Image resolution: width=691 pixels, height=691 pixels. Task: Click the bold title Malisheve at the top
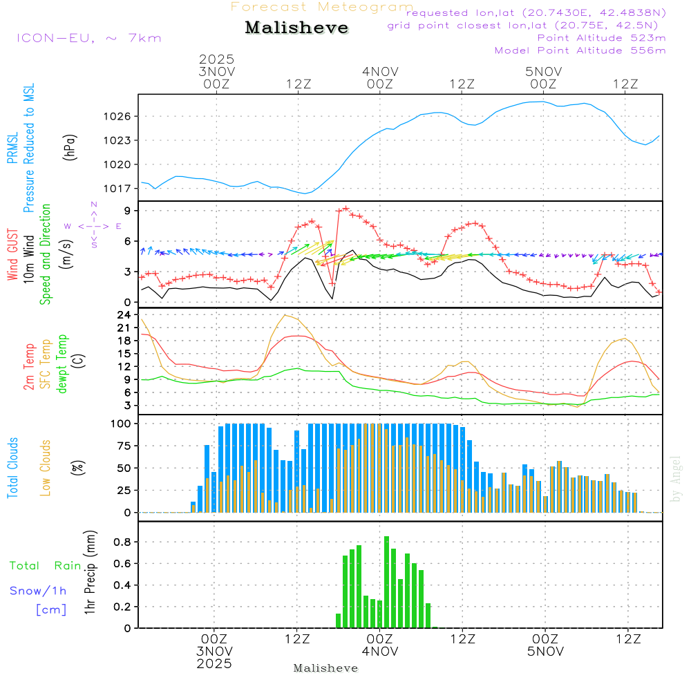pyautogui.click(x=297, y=28)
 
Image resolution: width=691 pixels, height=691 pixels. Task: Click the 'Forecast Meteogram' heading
pyautogui.click(x=322, y=8)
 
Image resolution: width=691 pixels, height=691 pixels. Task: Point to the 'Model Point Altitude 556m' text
pyautogui.click(x=580, y=50)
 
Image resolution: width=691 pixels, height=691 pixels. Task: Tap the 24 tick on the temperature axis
pyautogui.click(x=125, y=315)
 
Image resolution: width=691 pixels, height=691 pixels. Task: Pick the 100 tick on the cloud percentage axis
pyautogui.click(x=122, y=423)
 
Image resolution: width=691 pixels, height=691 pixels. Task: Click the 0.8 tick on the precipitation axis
pyautogui.click(x=123, y=542)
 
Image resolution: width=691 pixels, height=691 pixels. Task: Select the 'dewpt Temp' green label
pyautogui.click(x=62, y=363)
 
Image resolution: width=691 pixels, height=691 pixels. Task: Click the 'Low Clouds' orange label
pyautogui.click(x=46, y=468)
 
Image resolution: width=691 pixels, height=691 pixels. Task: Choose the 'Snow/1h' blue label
pyautogui.click(x=39, y=591)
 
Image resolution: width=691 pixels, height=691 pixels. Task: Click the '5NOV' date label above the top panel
pyautogui.click(x=543, y=71)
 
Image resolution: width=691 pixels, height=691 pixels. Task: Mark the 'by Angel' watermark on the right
pyautogui.click(x=676, y=479)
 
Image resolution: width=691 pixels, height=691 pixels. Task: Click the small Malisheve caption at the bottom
pyautogui.click(x=325, y=668)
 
